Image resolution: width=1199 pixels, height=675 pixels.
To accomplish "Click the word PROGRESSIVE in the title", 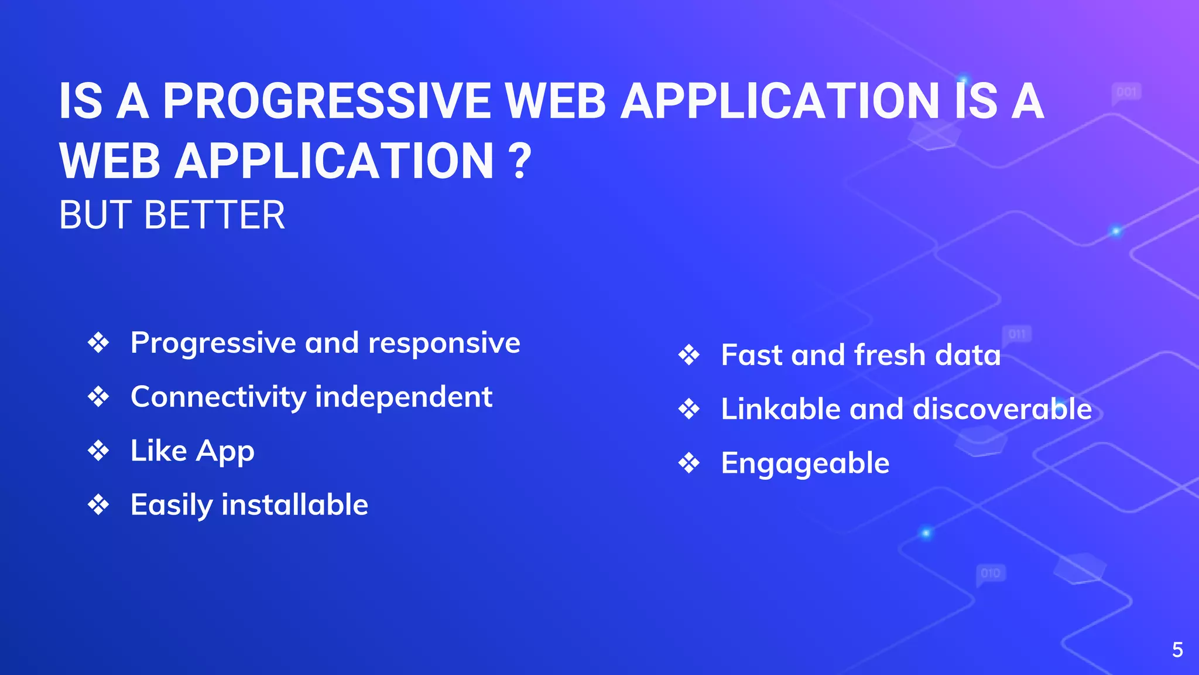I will [326, 101].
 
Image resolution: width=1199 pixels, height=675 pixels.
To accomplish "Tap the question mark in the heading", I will [519, 161].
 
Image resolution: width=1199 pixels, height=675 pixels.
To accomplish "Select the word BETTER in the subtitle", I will [214, 215].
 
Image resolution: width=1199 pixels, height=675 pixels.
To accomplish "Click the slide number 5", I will [1177, 650].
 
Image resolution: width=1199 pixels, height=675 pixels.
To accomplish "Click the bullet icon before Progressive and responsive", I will [98, 343].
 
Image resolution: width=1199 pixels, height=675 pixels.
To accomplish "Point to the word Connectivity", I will [218, 397].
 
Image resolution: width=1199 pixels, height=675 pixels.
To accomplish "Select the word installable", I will [294, 505].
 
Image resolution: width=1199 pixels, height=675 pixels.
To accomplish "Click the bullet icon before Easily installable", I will [98, 505].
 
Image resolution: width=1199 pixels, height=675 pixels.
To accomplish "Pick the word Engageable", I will [805, 463].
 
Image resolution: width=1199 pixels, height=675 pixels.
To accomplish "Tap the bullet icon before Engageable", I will [689, 463].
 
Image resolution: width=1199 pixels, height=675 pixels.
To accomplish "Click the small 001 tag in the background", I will [1126, 92].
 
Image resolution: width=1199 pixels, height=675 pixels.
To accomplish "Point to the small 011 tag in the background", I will [1017, 334].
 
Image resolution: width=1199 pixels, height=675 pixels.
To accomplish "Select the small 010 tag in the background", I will [991, 572].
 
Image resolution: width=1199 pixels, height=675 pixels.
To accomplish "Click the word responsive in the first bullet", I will [444, 343].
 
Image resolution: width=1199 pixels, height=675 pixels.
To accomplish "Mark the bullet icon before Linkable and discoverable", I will [689, 409].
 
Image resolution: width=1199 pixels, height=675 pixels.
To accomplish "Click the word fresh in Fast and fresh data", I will [890, 355].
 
